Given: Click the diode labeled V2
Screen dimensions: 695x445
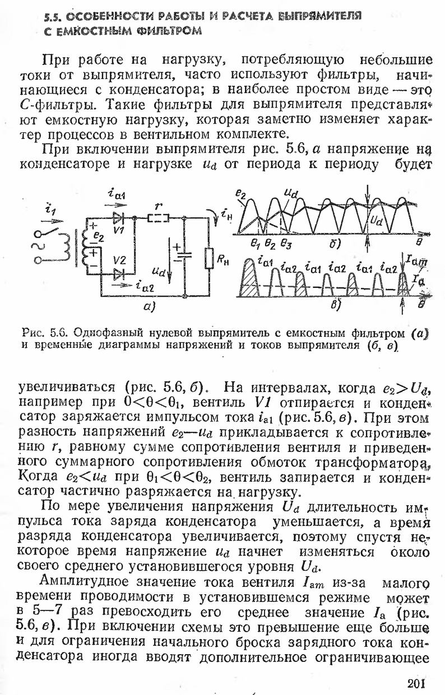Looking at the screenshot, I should pyautogui.click(x=118, y=274).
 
